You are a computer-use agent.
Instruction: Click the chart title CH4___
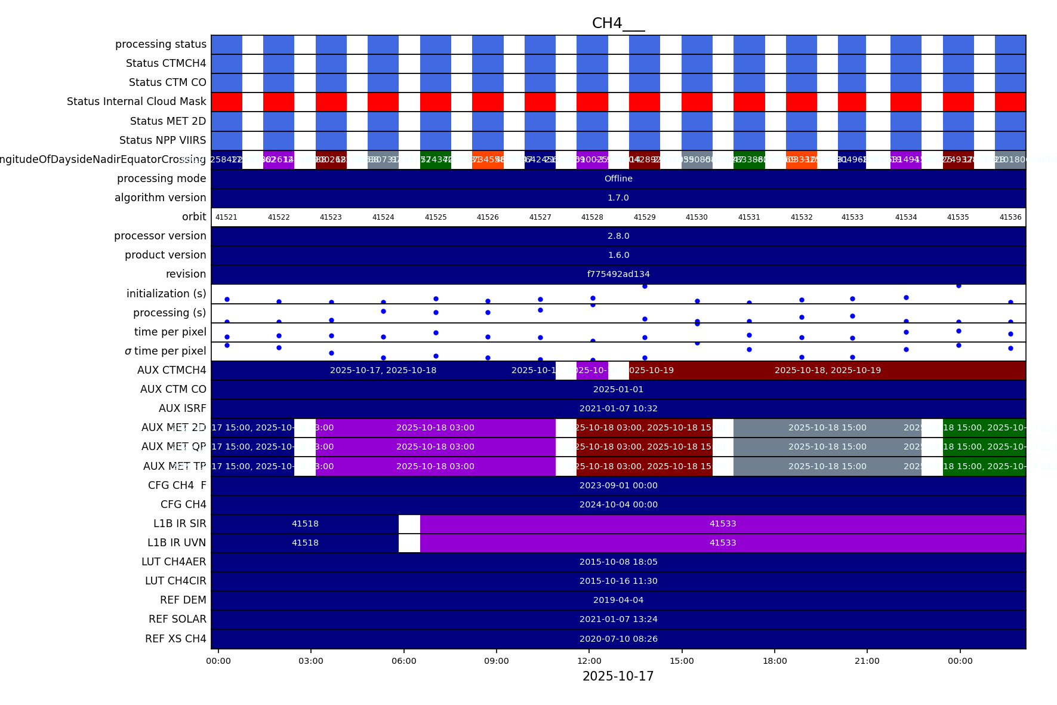click(618, 23)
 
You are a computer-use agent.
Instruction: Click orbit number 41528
click(592, 217)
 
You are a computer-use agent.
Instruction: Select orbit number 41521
click(226, 217)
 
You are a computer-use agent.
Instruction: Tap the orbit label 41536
click(1010, 217)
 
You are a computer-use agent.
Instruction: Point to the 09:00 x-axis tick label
click(496, 661)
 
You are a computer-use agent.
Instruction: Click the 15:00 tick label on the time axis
click(682, 661)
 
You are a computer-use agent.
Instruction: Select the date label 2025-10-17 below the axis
click(618, 676)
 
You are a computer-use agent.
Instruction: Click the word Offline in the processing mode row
click(618, 178)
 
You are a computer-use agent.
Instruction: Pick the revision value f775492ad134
click(618, 274)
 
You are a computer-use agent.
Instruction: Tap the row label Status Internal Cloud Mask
click(136, 101)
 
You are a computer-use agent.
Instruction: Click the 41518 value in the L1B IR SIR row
click(305, 524)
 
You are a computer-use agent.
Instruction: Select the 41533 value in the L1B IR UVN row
click(722, 543)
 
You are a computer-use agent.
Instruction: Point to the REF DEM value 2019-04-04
click(618, 600)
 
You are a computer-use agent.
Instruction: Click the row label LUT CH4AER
click(174, 562)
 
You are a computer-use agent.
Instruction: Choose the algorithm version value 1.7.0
click(618, 198)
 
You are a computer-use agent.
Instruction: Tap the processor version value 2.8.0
click(618, 236)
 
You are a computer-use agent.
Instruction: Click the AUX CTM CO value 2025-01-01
click(618, 389)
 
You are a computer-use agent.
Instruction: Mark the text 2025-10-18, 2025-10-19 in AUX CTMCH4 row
click(827, 370)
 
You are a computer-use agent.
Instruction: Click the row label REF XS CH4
click(175, 639)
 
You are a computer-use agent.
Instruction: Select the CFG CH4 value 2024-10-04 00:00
click(618, 504)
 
